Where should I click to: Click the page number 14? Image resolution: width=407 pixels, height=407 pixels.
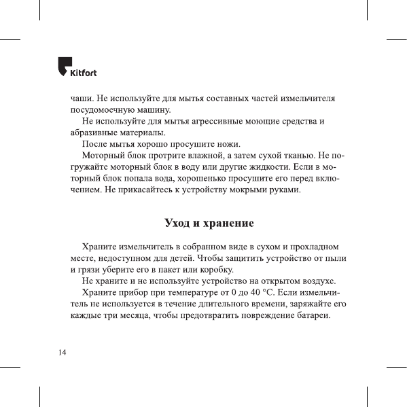tap(62, 352)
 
